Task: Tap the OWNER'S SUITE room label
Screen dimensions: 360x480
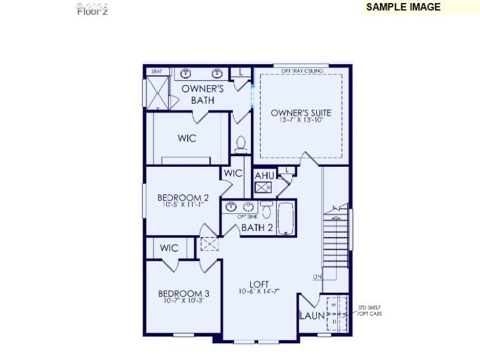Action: (x=301, y=112)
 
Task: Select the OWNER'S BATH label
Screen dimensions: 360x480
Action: (x=203, y=94)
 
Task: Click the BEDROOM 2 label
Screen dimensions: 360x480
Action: (x=183, y=197)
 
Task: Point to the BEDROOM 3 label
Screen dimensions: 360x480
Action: (x=184, y=293)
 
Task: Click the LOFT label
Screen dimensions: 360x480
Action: (x=259, y=284)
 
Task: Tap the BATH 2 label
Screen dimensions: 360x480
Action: (x=257, y=227)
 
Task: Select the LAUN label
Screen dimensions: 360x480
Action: (x=312, y=316)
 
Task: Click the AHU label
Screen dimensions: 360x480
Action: (x=265, y=175)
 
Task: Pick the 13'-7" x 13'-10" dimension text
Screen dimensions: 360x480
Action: (x=301, y=120)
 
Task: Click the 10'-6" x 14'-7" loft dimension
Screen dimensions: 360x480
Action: (x=259, y=292)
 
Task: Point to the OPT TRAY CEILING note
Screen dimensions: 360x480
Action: (x=302, y=71)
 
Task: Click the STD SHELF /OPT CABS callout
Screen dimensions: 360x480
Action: (x=370, y=311)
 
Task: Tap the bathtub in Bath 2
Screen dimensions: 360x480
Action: (x=286, y=217)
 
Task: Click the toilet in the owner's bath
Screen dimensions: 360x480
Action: (x=241, y=143)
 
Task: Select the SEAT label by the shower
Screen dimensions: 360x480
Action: (x=157, y=71)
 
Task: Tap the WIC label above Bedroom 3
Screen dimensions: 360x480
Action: (x=169, y=248)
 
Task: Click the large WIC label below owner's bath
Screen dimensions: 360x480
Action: (x=187, y=138)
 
